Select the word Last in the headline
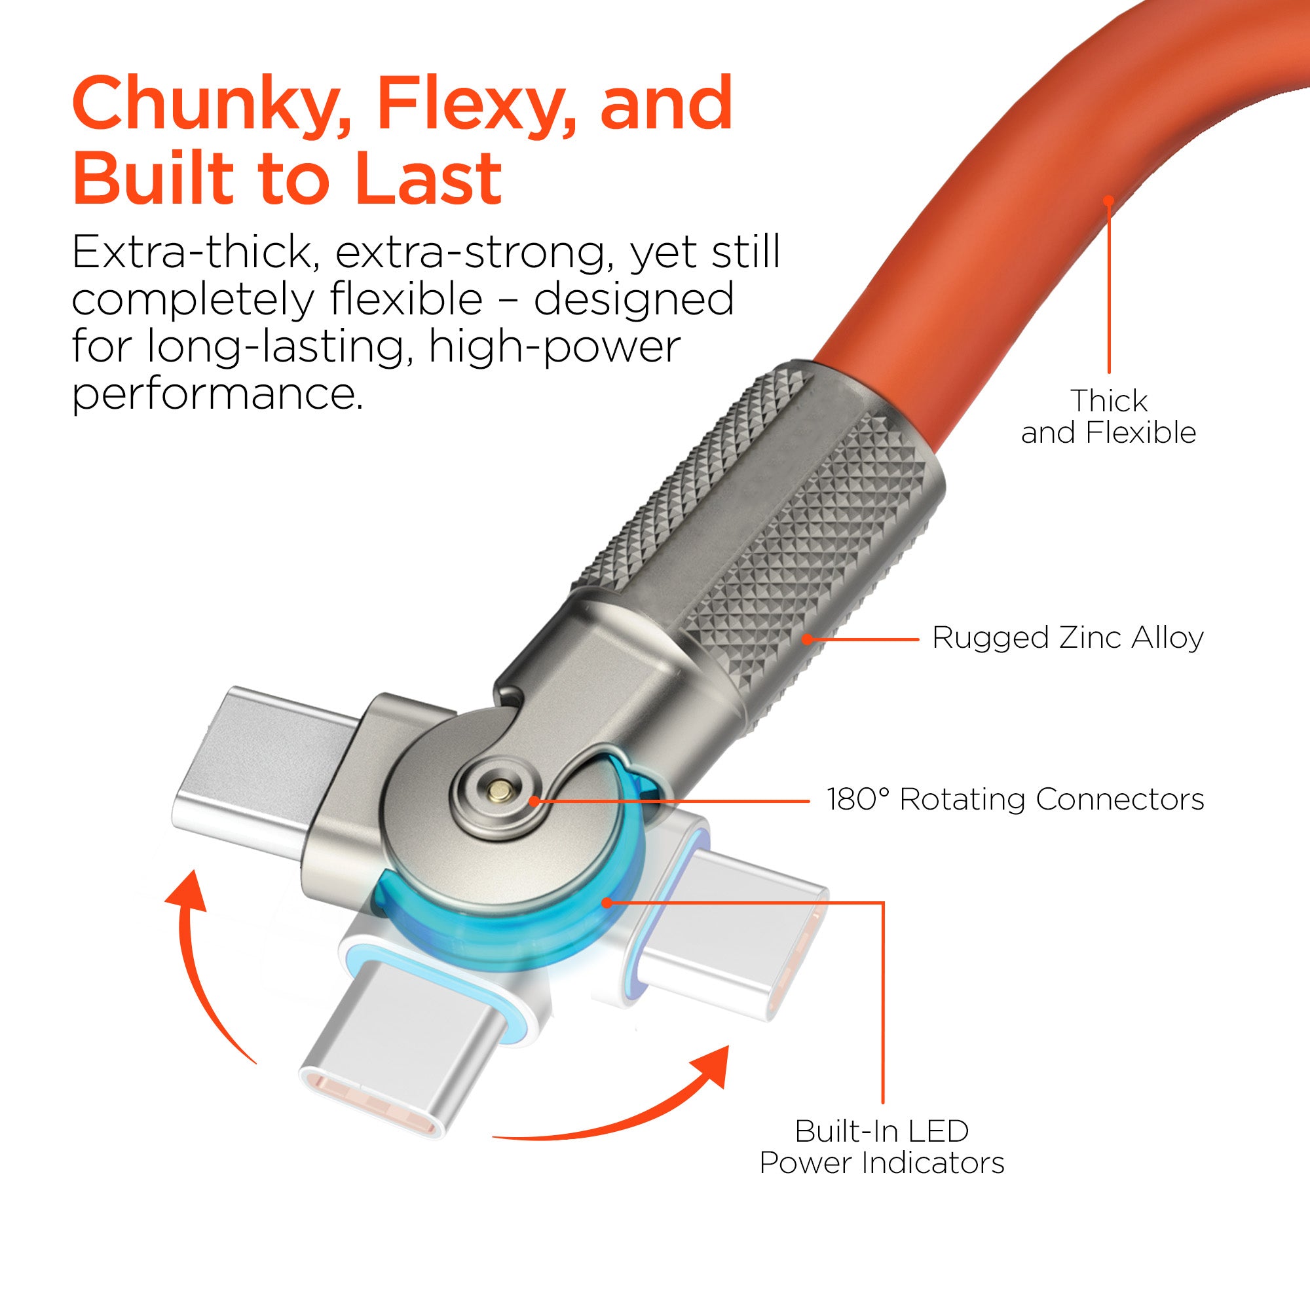429,177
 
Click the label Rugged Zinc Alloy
1067,638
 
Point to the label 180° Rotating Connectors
1015,799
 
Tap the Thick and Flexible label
1109,417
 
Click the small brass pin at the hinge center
500,787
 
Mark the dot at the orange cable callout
1109,200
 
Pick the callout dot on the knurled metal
807,639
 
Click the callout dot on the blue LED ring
608,902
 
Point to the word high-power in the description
554,348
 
